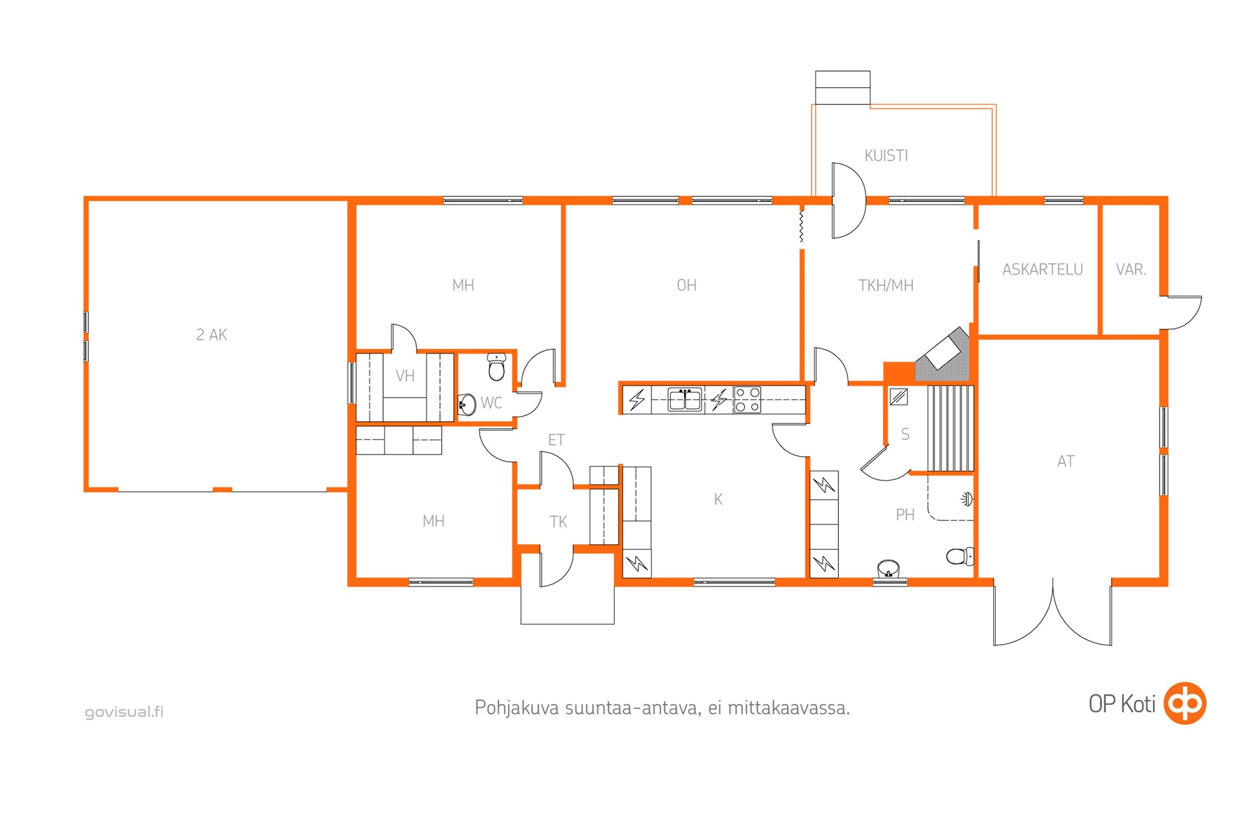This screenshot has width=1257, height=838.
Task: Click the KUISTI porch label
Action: click(x=886, y=156)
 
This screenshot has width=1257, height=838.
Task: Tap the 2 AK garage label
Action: click(x=212, y=335)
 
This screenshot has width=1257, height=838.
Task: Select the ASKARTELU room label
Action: click(x=1042, y=269)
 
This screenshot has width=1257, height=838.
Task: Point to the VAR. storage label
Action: click(x=1131, y=269)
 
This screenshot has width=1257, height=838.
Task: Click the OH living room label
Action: click(x=687, y=285)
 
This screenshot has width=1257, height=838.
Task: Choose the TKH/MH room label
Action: click(x=886, y=285)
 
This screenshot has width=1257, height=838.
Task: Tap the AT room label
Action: click(x=1066, y=461)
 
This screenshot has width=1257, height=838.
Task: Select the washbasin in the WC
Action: click(x=467, y=404)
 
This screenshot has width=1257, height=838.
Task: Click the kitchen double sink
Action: click(x=685, y=400)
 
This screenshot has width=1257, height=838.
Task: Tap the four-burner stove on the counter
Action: click(x=747, y=400)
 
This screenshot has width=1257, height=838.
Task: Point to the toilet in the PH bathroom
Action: click(x=960, y=556)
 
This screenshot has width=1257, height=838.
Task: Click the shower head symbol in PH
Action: click(x=967, y=500)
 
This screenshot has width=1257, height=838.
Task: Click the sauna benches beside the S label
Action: click(x=950, y=428)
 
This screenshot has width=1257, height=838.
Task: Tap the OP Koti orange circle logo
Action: click(x=1185, y=703)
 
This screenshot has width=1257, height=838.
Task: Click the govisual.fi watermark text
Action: click(x=124, y=712)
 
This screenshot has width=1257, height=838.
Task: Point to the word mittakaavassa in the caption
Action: click(x=789, y=708)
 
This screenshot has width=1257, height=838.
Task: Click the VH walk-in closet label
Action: click(x=405, y=376)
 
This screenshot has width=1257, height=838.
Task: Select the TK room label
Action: click(x=558, y=522)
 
